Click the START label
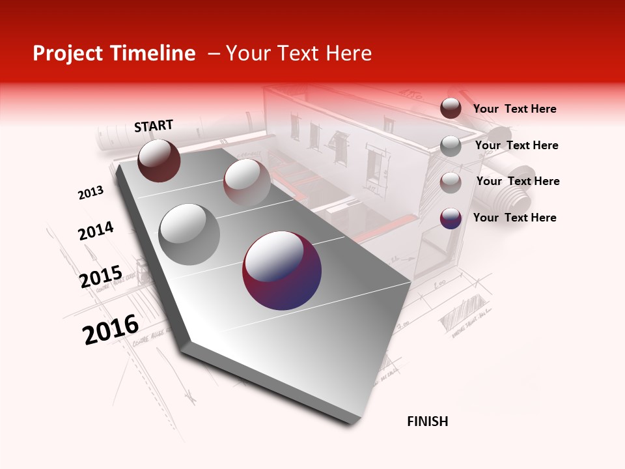[154, 126]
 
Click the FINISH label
[427, 421]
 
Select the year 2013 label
[90, 193]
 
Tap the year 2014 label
[96, 231]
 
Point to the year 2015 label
[101, 277]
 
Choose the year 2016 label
[111, 330]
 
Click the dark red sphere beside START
[159, 160]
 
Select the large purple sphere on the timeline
[282, 270]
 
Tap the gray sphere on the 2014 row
[189, 234]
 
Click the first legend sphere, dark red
[451, 108]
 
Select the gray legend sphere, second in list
[451, 146]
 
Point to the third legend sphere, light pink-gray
[451, 182]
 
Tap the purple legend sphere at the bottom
[451, 218]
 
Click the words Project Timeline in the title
[114, 53]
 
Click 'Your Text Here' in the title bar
[298, 53]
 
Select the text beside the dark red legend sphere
[514, 109]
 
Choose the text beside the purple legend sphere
[514, 218]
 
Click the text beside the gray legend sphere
[516, 145]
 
